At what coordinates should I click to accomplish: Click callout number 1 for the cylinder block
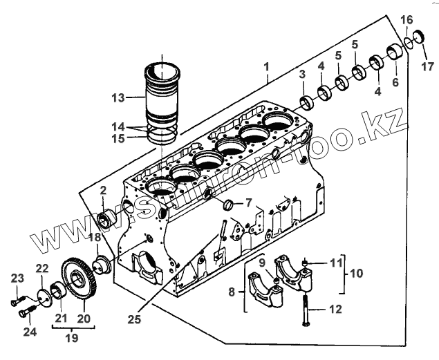pyautogui.click(x=266, y=68)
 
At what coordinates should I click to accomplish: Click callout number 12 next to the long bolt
pyautogui.click(x=335, y=310)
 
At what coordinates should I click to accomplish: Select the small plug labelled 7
pyautogui.click(x=225, y=205)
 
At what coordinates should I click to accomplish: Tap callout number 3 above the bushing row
pyautogui.click(x=302, y=73)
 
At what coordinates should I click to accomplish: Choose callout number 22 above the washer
pyautogui.click(x=42, y=268)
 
